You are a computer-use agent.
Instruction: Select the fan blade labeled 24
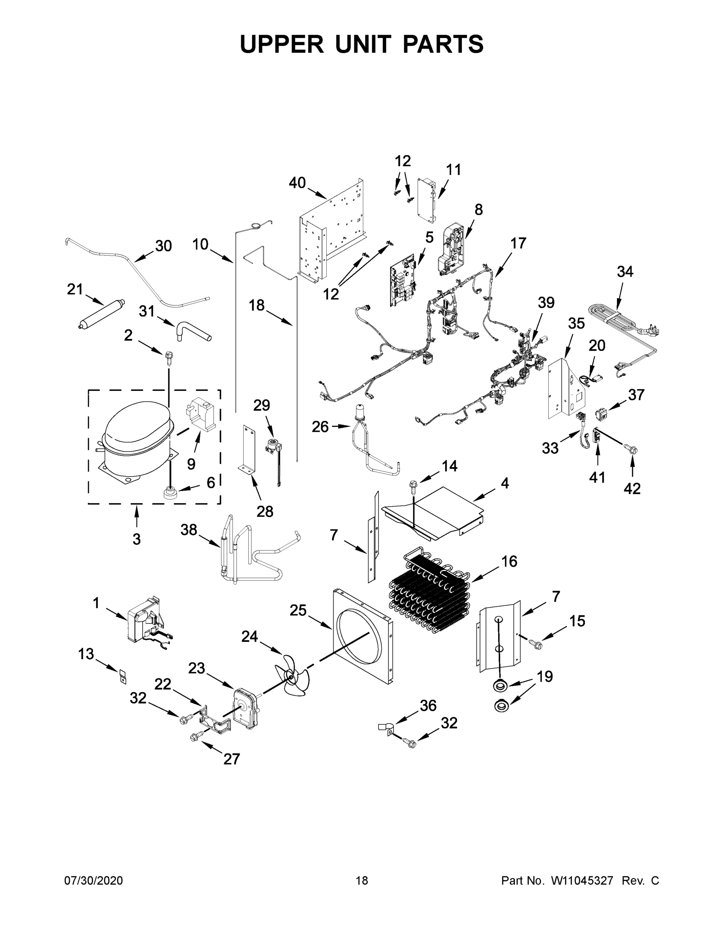(x=291, y=677)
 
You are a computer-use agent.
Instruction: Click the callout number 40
(x=297, y=183)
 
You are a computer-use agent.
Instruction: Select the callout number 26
(x=320, y=427)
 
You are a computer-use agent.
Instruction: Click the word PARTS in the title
(x=443, y=44)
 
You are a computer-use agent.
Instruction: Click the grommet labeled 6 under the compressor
(x=171, y=491)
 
